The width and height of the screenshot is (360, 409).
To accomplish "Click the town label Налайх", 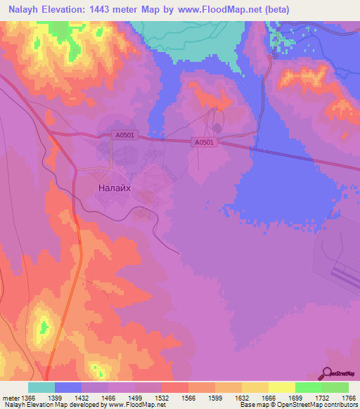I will tap(112, 188).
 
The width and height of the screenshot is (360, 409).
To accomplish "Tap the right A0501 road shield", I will tap(204, 142).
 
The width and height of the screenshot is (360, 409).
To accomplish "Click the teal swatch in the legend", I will tap(41, 387).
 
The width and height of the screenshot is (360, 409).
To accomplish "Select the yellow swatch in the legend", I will tap(281, 387).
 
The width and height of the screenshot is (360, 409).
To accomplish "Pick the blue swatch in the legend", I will tap(67, 387).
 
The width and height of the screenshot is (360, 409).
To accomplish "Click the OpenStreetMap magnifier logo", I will tap(328, 373).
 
